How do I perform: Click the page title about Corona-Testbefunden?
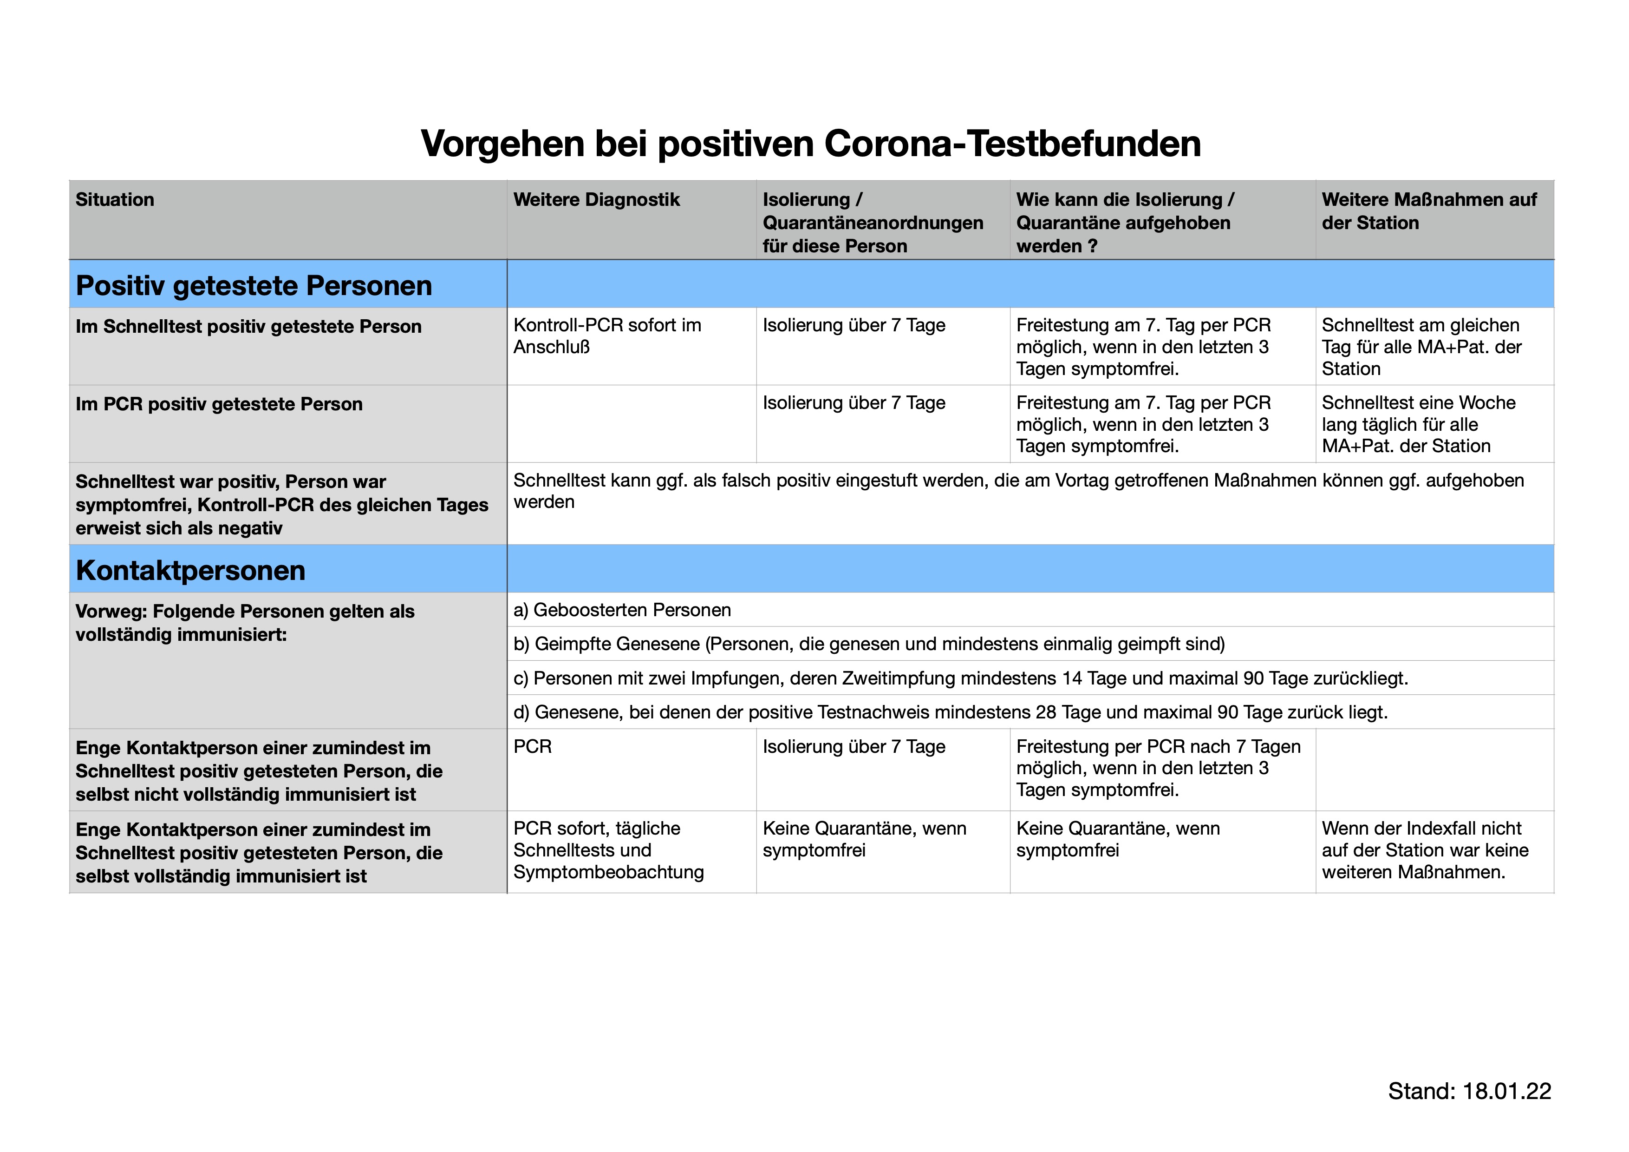pyautogui.click(x=810, y=144)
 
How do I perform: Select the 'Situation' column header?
pyautogui.click(x=115, y=199)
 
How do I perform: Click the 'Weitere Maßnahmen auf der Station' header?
pyautogui.click(x=1428, y=211)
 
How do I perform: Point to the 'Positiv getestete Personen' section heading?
pyautogui.click(x=253, y=285)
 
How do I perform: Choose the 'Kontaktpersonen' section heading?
pyautogui.click(x=190, y=570)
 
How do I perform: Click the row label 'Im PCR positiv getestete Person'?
pyautogui.click(x=219, y=404)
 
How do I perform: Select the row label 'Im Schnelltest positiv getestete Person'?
pyautogui.click(x=248, y=327)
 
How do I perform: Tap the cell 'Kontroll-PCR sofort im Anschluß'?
pyautogui.click(x=606, y=336)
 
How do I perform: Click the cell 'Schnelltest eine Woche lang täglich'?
pyautogui.click(x=1418, y=424)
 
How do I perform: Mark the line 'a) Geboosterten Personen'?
pyautogui.click(x=621, y=610)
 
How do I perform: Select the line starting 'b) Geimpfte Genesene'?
pyautogui.click(x=868, y=644)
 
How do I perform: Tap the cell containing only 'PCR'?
pyautogui.click(x=532, y=747)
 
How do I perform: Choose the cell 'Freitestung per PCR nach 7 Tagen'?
pyautogui.click(x=1158, y=768)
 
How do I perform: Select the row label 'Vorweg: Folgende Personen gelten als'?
pyautogui.click(x=245, y=623)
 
